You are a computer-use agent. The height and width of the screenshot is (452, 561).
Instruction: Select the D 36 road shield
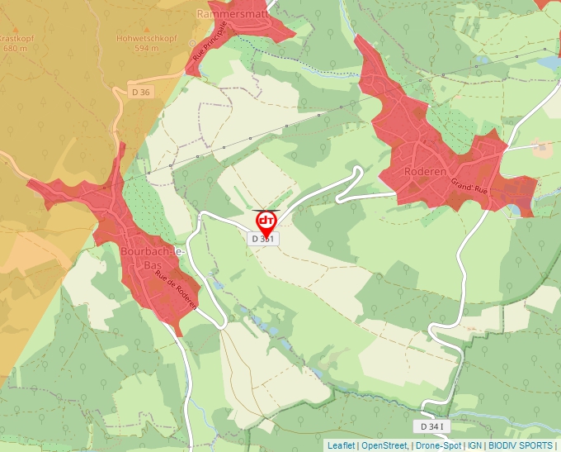[x=141, y=92]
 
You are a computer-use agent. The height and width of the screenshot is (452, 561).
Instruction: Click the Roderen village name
[x=425, y=172]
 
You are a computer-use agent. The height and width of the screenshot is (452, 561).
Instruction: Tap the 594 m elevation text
[x=146, y=48]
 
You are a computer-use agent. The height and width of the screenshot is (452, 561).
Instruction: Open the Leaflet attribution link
[x=341, y=445]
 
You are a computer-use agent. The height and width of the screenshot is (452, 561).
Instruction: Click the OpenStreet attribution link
[x=384, y=445]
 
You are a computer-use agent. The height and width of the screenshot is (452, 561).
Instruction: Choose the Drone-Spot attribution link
[x=438, y=445]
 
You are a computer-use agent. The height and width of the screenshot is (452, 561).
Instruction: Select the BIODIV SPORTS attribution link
[x=521, y=445]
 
